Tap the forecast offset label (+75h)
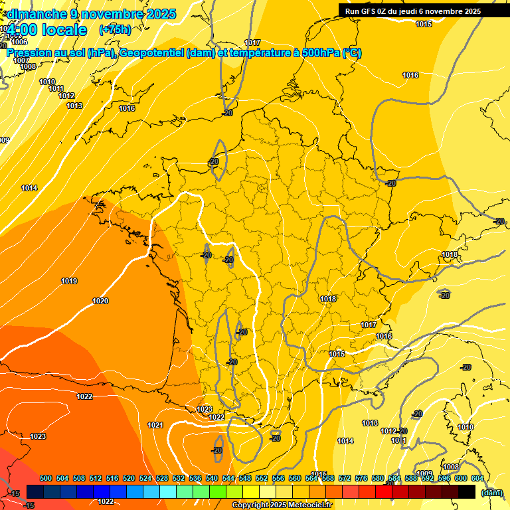coord(115,29)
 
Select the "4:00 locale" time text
coord(47,30)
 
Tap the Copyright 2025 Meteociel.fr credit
coord(282,505)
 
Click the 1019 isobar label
coord(69,281)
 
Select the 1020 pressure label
coord(100,301)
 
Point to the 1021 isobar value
coord(155,425)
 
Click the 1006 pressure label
coord(19,42)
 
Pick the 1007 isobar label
coord(21,60)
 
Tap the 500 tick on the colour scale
coord(46,478)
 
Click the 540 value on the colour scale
coord(212,478)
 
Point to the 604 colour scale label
coord(477,478)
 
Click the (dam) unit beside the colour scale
coord(491,492)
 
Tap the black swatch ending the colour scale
coord(467,491)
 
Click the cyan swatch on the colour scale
coord(168,491)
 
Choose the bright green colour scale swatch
coord(218,491)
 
